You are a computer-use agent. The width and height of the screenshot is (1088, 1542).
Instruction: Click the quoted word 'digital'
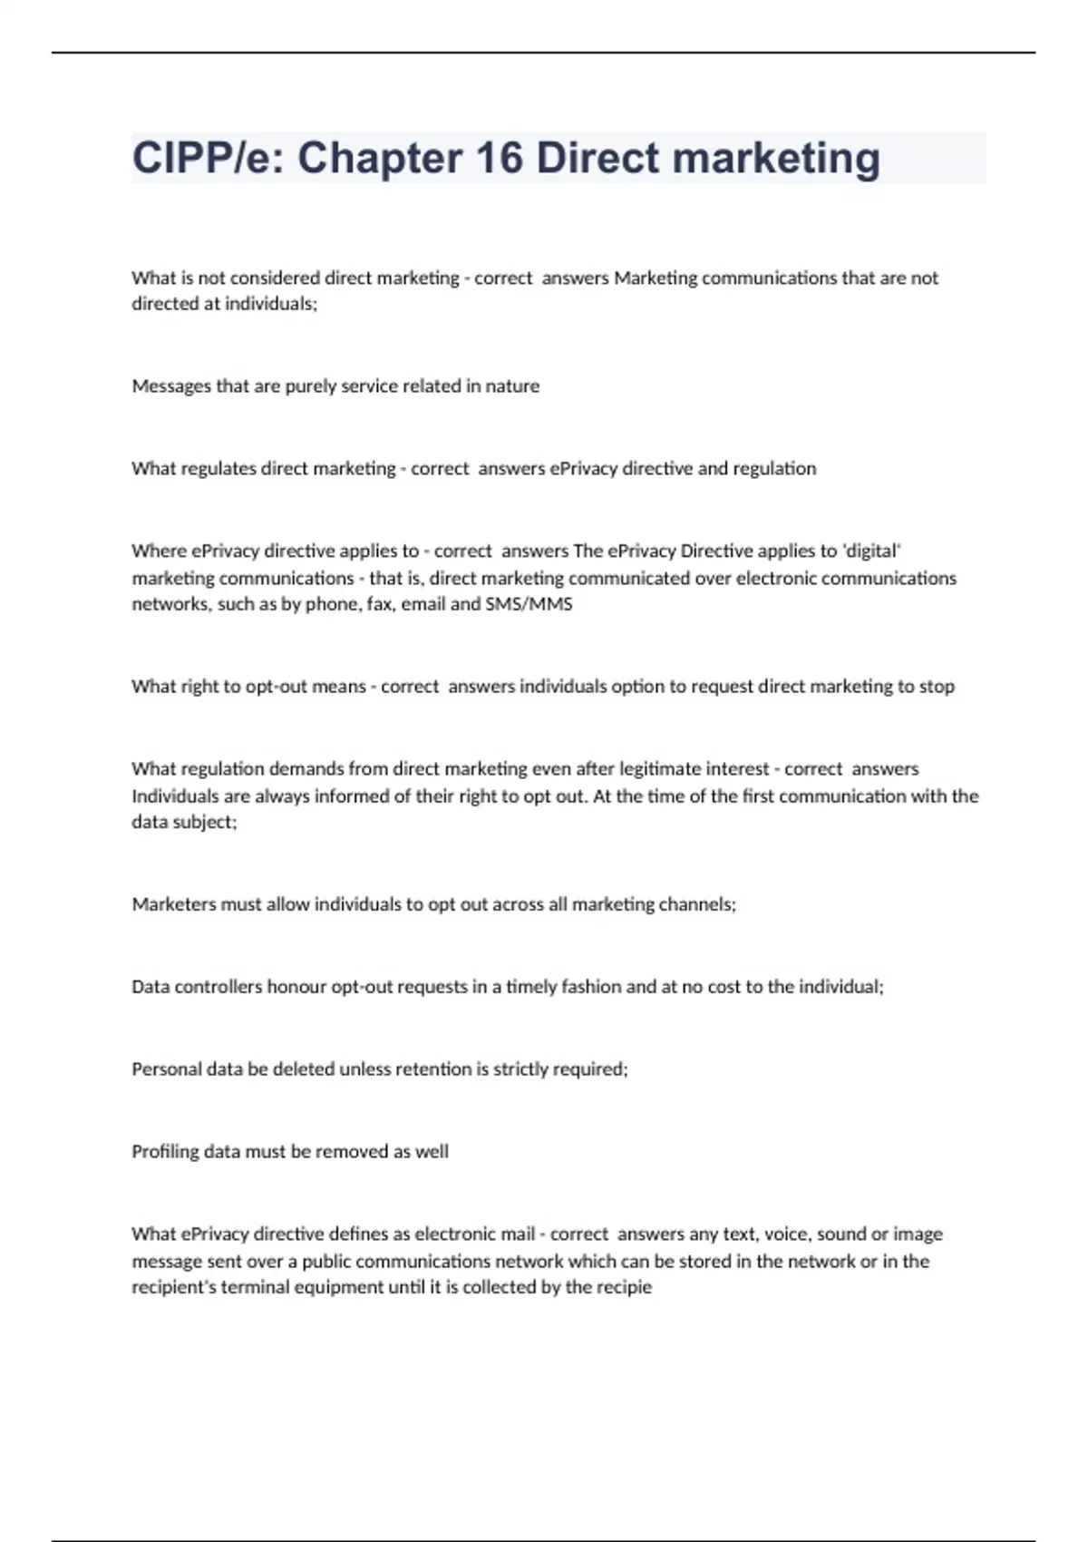[871, 551]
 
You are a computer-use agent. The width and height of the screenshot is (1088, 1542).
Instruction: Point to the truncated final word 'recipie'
[622, 1288]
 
